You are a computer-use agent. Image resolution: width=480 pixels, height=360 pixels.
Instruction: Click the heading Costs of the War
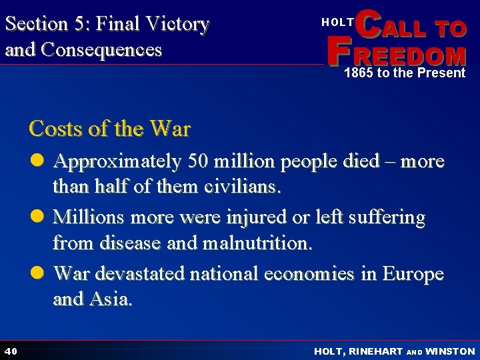pos(109,128)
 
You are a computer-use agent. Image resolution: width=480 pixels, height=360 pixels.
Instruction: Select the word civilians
pos(242,187)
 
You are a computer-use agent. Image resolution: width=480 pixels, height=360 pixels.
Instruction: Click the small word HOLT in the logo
pos(337,22)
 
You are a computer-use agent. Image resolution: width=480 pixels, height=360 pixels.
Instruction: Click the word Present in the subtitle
pos(441,73)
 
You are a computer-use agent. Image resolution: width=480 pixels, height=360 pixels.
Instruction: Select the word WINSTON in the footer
pos(450,351)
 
